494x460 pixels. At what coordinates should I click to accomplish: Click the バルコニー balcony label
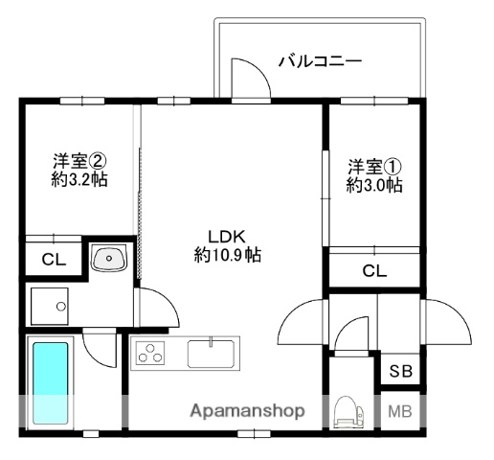point(320,62)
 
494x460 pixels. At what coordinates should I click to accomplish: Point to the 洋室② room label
point(79,160)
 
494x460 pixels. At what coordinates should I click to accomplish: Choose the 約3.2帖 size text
point(79,179)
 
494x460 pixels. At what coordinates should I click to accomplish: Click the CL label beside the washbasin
point(54,259)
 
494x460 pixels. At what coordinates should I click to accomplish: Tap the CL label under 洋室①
point(374,271)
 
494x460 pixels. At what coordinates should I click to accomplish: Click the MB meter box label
point(399,413)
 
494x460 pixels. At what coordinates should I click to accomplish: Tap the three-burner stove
point(151,354)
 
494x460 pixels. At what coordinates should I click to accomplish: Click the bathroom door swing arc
point(100,347)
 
